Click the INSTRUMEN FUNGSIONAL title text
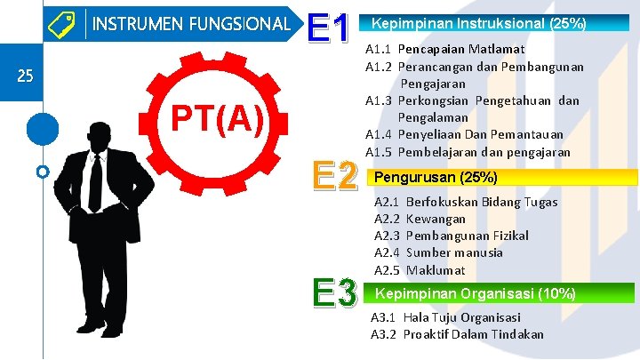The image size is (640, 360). (x=191, y=23)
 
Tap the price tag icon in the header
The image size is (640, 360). (x=62, y=23)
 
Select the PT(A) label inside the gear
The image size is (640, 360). (x=217, y=118)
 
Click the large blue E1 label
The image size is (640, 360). (x=331, y=29)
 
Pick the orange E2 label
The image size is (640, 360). (x=334, y=176)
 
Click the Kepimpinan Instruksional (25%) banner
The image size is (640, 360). (x=478, y=22)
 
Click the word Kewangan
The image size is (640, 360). (x=436, y=219)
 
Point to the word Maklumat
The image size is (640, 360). (x=436, y=269)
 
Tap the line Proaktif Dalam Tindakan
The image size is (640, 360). (x=473, y=334)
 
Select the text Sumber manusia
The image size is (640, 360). (x=454, y=252)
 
